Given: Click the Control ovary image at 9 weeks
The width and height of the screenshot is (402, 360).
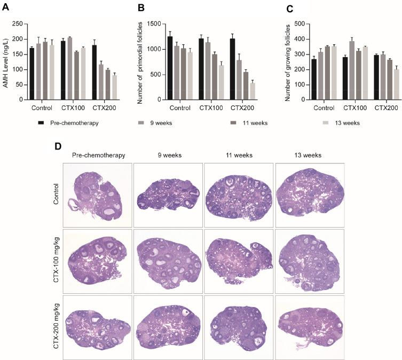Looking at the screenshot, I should (x=168, y=195).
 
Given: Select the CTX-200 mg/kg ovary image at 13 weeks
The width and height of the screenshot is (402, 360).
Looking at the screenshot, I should (x=310, y=327).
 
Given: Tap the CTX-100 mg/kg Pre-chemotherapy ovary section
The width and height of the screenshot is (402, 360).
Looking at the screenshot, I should (x=97, y=261).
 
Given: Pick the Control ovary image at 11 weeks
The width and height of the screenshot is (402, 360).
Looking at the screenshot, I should (x=239, y=195).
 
